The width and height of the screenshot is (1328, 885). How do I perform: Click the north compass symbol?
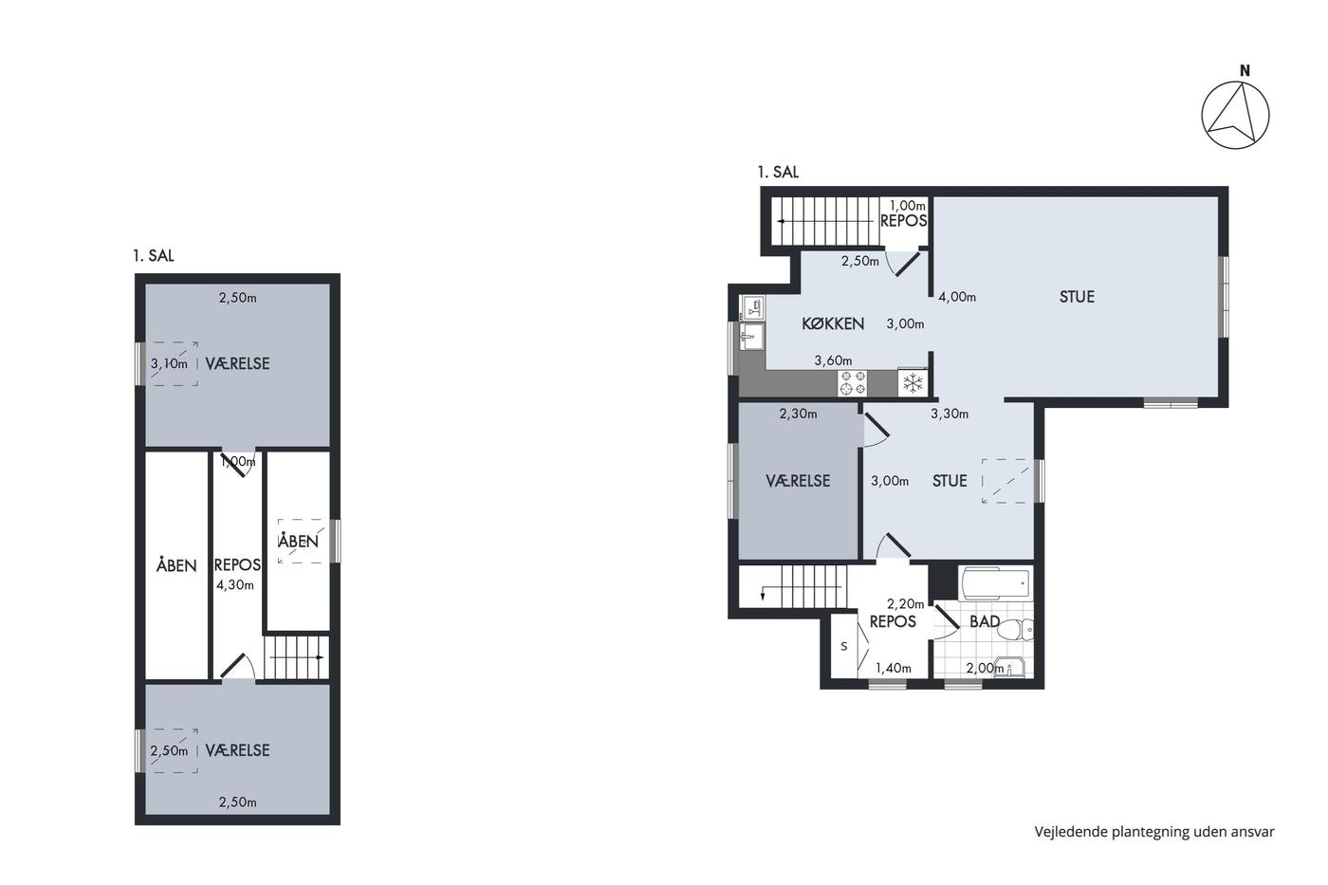pos(1235,115)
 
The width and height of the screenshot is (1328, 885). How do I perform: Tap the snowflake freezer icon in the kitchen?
pos(913,383)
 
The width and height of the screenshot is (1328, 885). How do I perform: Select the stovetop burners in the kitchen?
pos(852,383)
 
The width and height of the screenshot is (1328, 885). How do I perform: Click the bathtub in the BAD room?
pos(995,584)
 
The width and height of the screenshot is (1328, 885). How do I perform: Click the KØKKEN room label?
pos(833,323)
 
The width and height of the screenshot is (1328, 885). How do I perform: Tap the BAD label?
pos(985,621)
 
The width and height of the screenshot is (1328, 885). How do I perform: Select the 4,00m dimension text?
pos(957,297)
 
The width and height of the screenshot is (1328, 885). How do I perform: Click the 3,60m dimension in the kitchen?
pos(833,360)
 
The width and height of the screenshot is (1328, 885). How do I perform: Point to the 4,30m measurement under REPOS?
pos(235,585)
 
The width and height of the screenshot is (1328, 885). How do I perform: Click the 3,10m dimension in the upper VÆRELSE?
pos(169,363)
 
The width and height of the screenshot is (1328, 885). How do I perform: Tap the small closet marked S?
pos(843,646)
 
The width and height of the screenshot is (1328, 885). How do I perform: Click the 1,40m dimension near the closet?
pos(894,668)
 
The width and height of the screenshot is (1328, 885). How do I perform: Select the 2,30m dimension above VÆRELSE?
pos(798,414)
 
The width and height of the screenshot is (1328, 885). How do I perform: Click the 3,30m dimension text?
pos(950,414)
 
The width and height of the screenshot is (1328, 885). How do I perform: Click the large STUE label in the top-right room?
pos(1077,296)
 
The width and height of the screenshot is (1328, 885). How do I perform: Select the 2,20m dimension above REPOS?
pos(905,604)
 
